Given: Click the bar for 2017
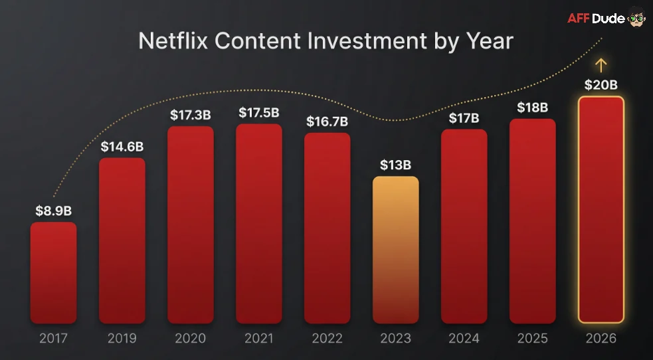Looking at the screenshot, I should pyautogui.click(x=53, y=272).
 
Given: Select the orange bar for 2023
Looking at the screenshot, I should pyautogui.click(x=395, y=250).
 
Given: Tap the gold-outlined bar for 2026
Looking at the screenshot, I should pyautogui.click(x=601, y=210).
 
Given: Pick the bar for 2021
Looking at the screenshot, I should pyautogui.click(x=258, y=223).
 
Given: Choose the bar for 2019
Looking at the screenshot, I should pyautogui.click(x=122, y=240).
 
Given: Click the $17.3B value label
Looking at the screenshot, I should pyautogui.click(x=190, y=115).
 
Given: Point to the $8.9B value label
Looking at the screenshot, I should pyautogui.click(x=53, y=211).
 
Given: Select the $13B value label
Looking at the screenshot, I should pyautogui.click(x=395, y=165).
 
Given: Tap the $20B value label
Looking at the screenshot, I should pyautogui.click(x=601, y=85).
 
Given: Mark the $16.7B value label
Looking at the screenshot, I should pyautogui.click(x=327, y=122).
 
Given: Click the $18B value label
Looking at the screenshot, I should pyautogui.click(x=532, y=108).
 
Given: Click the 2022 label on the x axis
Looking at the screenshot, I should pyautogui.click(x=327, y=339).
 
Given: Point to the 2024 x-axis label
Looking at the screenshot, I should pyautogui.click(x=464, y=339).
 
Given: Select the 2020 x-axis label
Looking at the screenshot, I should pyautogui.click(x=190, y=339).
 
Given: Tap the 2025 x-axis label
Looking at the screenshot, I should pyautogui.click(x=532, y=339).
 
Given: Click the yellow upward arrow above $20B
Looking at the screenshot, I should pyautogui.click(x=601, y=65).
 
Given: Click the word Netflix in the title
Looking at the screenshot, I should pyautogui.click(x=173, y=41).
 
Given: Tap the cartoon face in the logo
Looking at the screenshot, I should pyautogui.click(x=636, y=19).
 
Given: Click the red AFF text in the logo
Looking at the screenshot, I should pyautogui.click(x=579, y=19).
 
